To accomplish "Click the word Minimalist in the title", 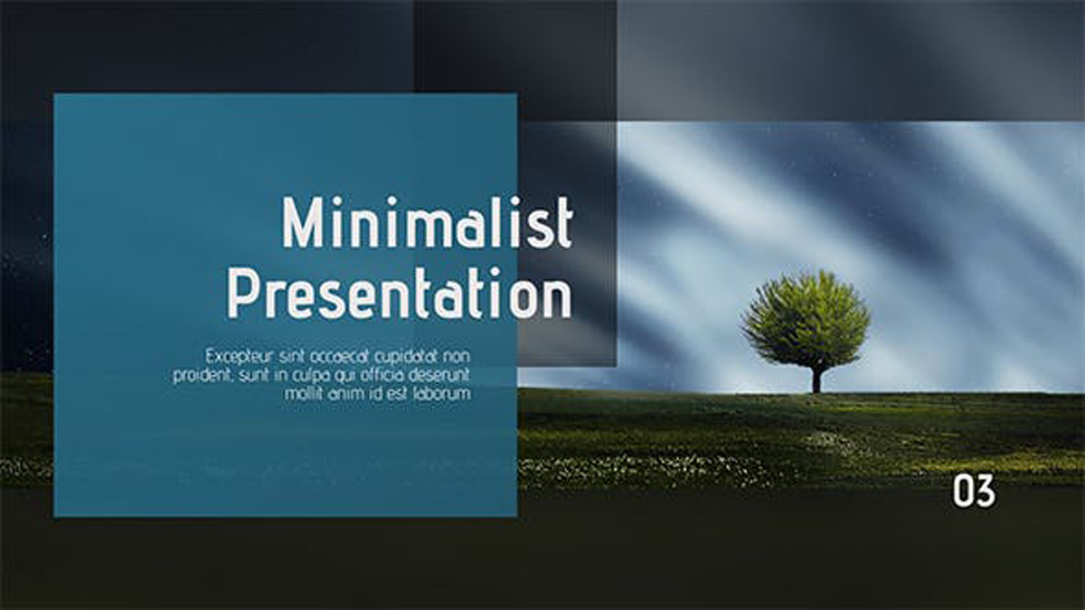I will click(427, 223).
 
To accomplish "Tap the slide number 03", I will click(974, 491).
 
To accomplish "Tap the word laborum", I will click(442, 394).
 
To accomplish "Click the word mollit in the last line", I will click(303, 394).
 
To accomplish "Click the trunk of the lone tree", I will click(816, 379).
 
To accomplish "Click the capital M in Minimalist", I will click(301, 223).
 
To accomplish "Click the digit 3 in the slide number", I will click(986, 491).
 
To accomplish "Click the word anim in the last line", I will click(348, 394).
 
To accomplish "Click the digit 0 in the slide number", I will click(963, 491).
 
